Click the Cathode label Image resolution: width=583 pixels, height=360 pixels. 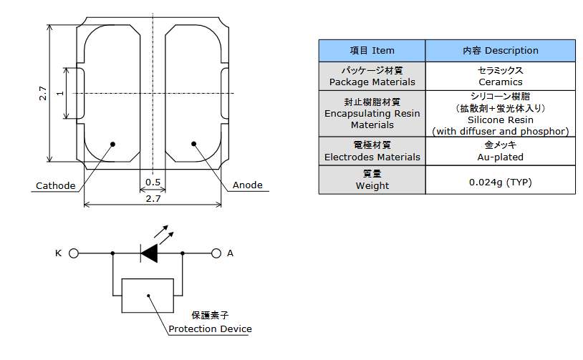click(x=56, y=186)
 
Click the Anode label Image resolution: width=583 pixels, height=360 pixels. click(x=248, y=185)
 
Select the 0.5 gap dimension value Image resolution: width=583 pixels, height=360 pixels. click(x=153, y=183)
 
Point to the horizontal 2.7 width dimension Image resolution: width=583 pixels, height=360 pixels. click(x=153, y=198)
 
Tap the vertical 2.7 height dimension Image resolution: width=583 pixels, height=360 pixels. click(x=43, y=93)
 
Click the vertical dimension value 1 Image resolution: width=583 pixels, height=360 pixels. click(x=60, y=93)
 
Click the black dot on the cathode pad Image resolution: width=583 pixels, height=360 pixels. click(x=113, y=144)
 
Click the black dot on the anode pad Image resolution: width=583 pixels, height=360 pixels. click(x=193, y=144)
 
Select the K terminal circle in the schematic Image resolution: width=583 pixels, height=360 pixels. click(x=74, y=253)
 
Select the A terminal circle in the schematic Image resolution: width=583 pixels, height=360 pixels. click(x=215, y=253)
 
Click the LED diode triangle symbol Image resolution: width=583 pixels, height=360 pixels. click(x=149, y=253)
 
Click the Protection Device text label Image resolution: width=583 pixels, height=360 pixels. click(x=210, y=329)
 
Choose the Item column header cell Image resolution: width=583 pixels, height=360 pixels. click(x=372, y=51)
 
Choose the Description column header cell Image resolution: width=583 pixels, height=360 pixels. click(x=500, y=51)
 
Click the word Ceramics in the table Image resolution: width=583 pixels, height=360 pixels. click(x=500, y=82)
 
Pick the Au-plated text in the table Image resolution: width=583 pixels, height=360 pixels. click(x=500, y=157)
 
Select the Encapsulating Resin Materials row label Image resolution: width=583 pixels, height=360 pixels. click(x=372, y=114)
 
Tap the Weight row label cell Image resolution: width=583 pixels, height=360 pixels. click(x=372, y=180)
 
